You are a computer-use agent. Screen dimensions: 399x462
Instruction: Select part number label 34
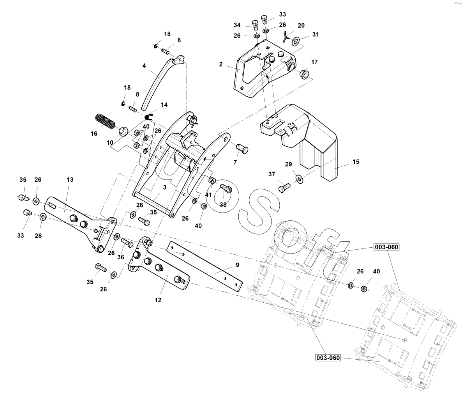point(237,25)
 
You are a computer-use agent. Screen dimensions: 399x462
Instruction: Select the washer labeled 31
point(296,40)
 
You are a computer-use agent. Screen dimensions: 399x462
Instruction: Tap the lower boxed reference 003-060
point(328,357)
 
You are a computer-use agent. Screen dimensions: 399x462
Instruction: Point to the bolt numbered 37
point(283,189)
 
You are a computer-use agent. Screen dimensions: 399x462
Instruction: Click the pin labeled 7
point(243,149)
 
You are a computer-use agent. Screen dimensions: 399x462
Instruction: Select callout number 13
point(70,180)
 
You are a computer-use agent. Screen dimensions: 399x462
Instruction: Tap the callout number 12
point(158,300)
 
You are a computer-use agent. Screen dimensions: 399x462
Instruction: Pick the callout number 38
point(223,204)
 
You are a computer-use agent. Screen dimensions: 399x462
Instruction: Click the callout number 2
point(221,64)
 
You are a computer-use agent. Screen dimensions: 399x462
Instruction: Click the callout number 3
point(165,187)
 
